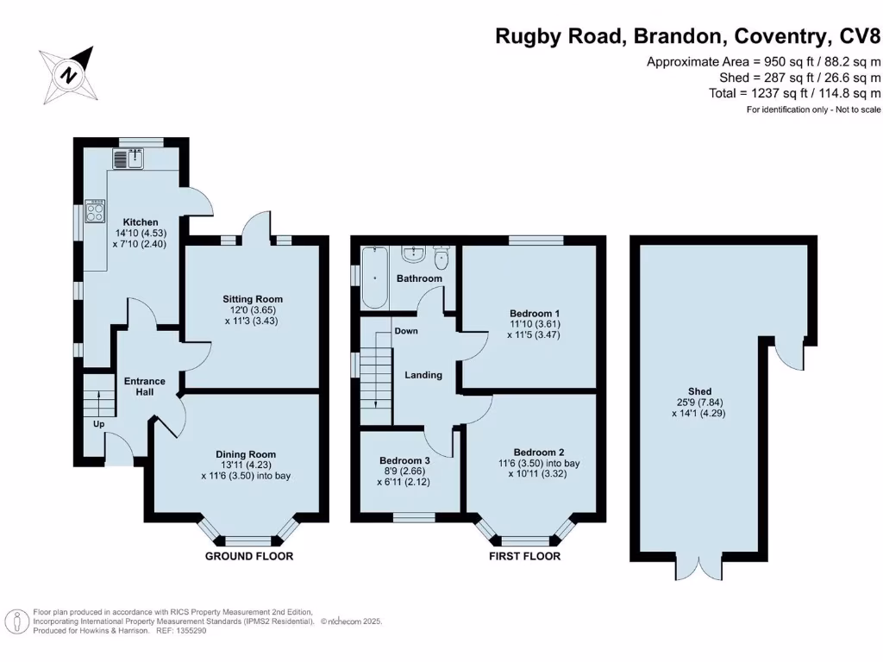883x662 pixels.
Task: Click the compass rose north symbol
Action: click(67, 73)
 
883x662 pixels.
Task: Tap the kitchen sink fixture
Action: click(132, 159)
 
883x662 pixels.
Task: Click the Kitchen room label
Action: click(141, 222)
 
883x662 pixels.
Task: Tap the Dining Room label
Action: click(246, 454)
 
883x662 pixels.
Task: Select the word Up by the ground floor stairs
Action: click(99, 424)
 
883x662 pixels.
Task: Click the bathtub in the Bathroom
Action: click(374, 278)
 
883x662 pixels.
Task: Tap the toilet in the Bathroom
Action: click(442, 258)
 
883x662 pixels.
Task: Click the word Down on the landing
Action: click(405, 331)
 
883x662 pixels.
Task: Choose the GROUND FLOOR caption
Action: click(248, 556)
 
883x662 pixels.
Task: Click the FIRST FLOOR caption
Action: click(524, 556)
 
